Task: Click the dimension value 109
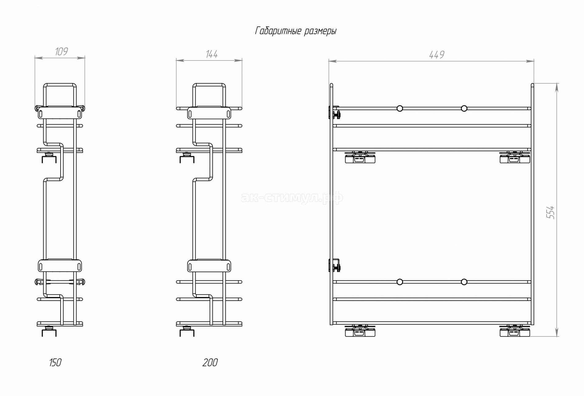(x=61, y=51)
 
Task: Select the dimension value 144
(x=212, y=54)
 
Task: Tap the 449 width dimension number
(x=436, y=55)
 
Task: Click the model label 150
(x=55, y=363)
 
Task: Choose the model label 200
(x=210, y=363)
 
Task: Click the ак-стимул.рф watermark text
(x=292, y=198)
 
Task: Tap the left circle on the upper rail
(x=400, y=108)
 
